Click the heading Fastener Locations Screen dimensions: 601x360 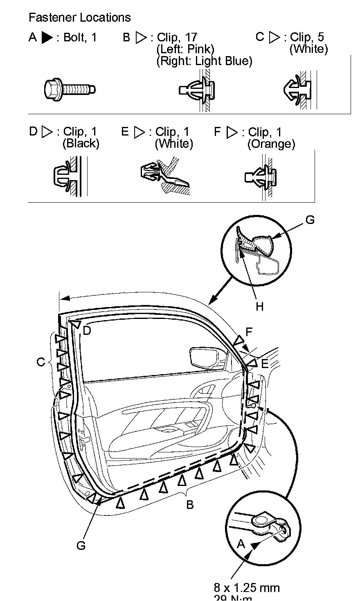coord(80,18)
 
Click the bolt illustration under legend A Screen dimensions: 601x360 coord(70,88)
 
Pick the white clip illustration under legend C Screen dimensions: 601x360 coord(299,90)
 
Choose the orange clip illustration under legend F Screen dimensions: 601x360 coord(262,177)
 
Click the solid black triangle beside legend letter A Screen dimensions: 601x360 coord(47,38)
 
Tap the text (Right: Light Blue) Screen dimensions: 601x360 coord(205,61)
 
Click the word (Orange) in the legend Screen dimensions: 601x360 coord(271,144)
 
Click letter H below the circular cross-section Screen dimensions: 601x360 coord(260,306)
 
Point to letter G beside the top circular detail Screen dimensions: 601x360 coord(310,220)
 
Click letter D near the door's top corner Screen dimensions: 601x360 coord(87,331)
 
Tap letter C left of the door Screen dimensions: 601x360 coord(40,362)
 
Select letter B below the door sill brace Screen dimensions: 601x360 coord(189,505)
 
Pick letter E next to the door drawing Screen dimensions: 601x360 coord(265,364)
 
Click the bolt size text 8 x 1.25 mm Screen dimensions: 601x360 coord(247,588)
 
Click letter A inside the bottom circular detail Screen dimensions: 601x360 coord(241,544)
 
